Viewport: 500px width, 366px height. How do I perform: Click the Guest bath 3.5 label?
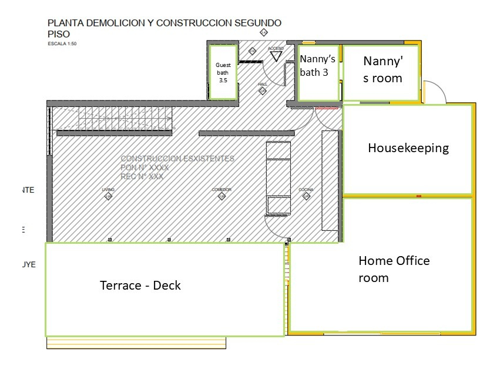click(x=223, y=72)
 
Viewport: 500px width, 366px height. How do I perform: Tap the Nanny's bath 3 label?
click(x=318, y=65)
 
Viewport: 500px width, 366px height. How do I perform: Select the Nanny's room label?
click(x=382, y=69)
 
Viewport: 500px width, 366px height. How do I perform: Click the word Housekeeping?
click(x=408, y=148)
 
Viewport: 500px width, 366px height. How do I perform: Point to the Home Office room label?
click(x=394, y=269)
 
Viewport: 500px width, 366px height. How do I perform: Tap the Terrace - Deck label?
click(x=140, y=286)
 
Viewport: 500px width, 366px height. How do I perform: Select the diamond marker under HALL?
click(x=263, y=91)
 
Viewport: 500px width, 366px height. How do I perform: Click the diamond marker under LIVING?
click(x=108, y=197)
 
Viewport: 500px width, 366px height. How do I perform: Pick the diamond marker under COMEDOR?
click(x=222, y=197)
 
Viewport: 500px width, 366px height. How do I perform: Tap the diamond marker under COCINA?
click(x=306, y=197)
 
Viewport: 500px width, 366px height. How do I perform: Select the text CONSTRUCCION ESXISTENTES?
click(x=177, y=159)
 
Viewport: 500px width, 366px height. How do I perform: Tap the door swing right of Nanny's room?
click(x=434, y=92)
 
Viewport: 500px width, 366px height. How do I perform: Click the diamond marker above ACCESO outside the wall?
click(x=264, y=32)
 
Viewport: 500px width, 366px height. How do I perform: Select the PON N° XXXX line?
click(x=145, y=167)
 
